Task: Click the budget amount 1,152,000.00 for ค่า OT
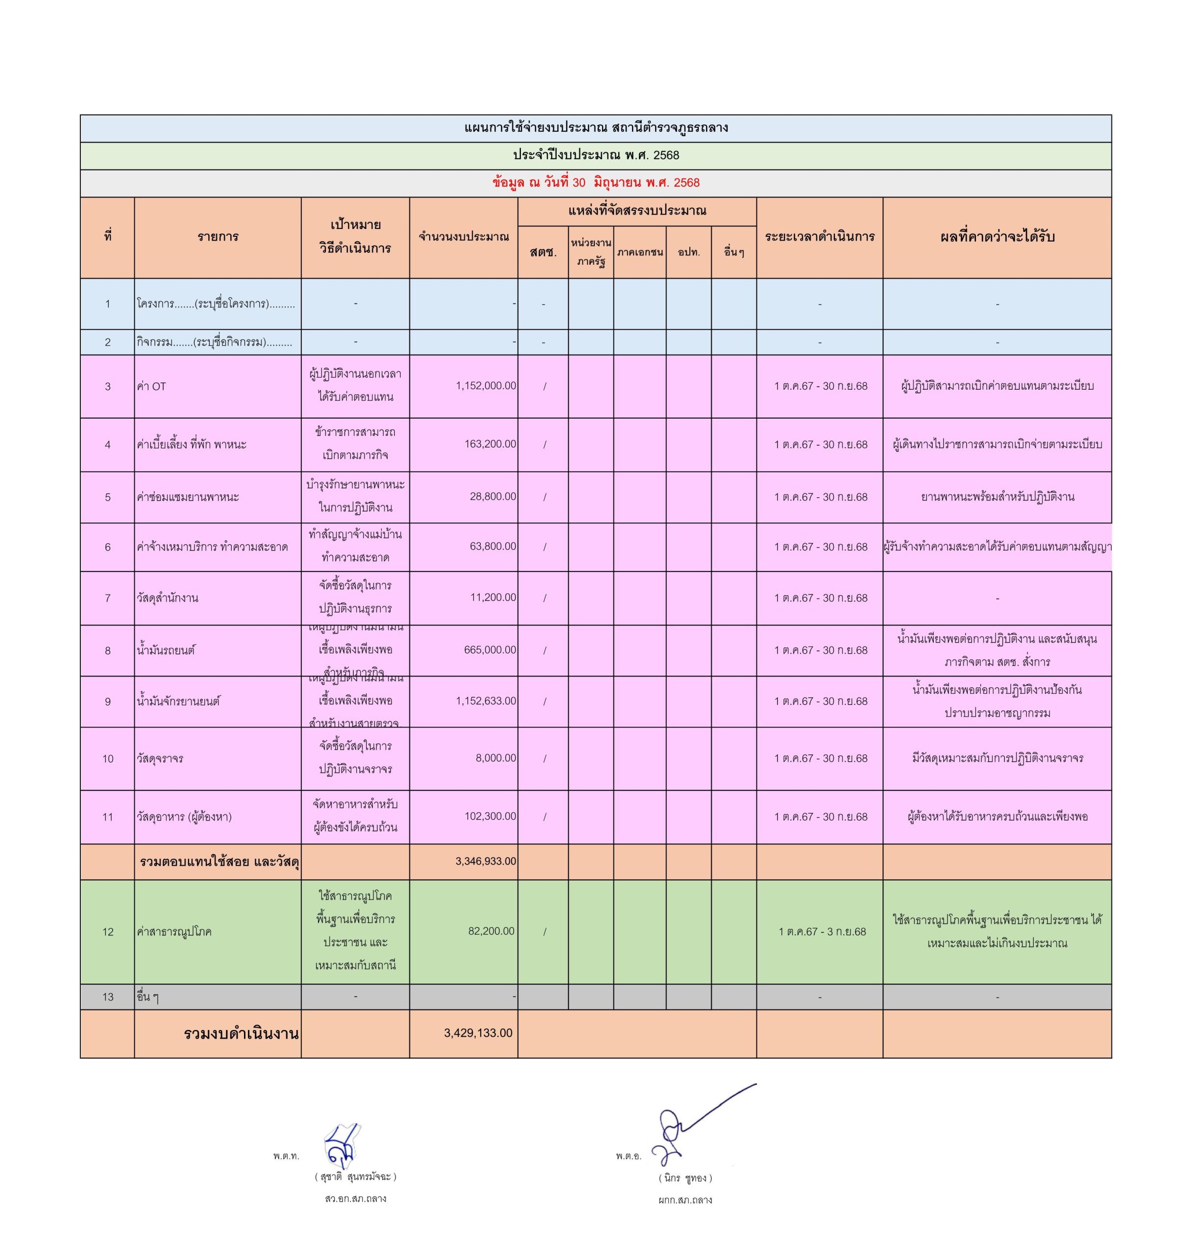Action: (486, 386)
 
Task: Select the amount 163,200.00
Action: (490, 444)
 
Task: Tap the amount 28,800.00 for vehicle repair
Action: (492, 497)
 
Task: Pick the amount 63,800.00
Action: (492, 546)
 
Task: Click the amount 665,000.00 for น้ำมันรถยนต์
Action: (490, 650)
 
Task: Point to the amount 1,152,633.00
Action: (486, 701)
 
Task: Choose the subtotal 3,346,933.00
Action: (486, 861)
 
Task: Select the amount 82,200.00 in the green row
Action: (491, 931)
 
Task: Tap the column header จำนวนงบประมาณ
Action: (463, 237)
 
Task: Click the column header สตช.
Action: (543, 252)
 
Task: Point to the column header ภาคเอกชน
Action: (640, 252)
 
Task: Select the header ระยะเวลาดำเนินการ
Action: (819, 237)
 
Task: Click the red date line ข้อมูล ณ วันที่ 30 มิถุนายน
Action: (596, 183)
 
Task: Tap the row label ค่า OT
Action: (151, 386)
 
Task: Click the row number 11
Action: (108, 817)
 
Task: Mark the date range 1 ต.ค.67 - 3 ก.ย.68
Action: (822, 931)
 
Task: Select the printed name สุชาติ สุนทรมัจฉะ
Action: (355, 1177)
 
